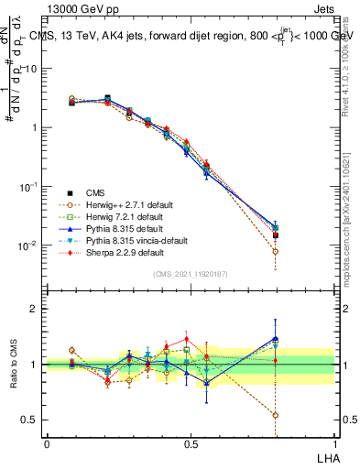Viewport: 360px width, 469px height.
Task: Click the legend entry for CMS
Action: (96, 192)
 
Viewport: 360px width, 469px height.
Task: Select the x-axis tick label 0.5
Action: (191, 444)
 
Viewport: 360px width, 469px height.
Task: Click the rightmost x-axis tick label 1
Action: (334, 444)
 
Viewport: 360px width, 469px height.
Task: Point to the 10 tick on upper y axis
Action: (30, 69)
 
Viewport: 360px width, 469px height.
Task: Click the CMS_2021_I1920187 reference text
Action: (191, 274)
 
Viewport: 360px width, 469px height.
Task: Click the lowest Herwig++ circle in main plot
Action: (276, 251)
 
